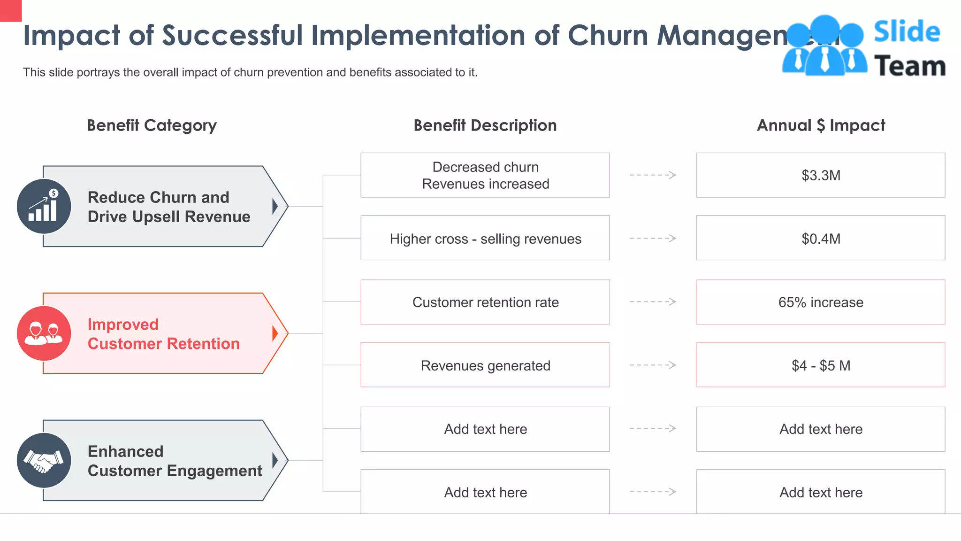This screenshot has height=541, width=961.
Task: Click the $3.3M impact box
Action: [820, 175]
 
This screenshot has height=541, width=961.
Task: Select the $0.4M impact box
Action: [820, 238]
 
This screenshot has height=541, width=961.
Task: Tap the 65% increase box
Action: [820, 302]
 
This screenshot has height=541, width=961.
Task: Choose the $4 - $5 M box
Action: [820, 365]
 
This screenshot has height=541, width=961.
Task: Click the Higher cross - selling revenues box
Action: [485, 238]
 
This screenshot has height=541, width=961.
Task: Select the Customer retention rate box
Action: [485, 302]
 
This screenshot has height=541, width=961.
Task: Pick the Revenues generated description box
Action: [485, 365]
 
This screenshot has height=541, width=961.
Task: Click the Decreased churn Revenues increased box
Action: [485, 175]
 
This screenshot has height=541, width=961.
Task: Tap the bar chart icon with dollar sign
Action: [44, 207]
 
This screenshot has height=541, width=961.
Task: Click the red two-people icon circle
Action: [44, 333]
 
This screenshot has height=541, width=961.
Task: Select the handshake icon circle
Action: [44, 460]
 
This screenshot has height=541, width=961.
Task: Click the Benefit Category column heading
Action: [152, 125]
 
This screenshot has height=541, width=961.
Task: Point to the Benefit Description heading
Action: [485, 125]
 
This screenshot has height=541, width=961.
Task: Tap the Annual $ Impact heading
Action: [820, 125]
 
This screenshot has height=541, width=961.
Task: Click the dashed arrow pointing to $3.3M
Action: [653, 175]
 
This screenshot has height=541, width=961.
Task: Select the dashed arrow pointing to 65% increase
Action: [653, 302]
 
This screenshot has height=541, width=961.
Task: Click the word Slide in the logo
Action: [907, 32]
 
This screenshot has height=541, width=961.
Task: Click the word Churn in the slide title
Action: [608, 35]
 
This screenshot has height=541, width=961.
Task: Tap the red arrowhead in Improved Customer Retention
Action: [275, 333]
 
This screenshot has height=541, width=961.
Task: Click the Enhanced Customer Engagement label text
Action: [175, 461]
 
